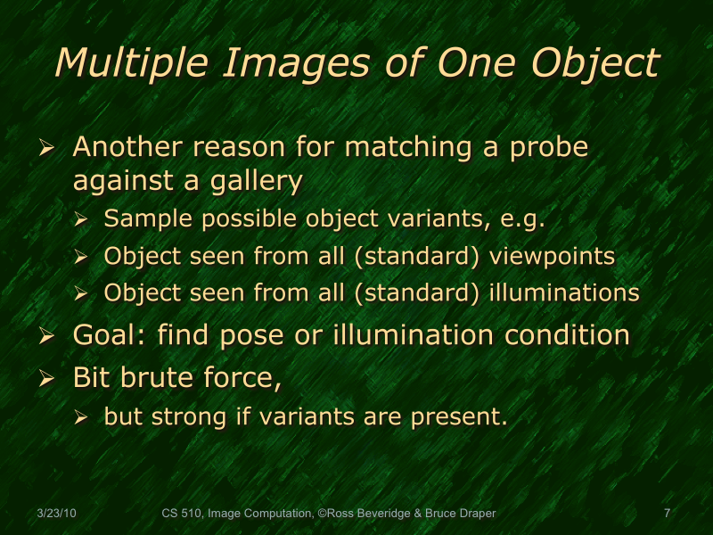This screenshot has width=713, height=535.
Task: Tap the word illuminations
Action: pos(568,292)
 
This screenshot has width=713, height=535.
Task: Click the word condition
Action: pos(555,335)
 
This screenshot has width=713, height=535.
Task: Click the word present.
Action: pos(462,416)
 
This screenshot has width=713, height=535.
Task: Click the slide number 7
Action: pos(667,514)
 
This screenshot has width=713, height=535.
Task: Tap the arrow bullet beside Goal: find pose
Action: pos(49,337)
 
